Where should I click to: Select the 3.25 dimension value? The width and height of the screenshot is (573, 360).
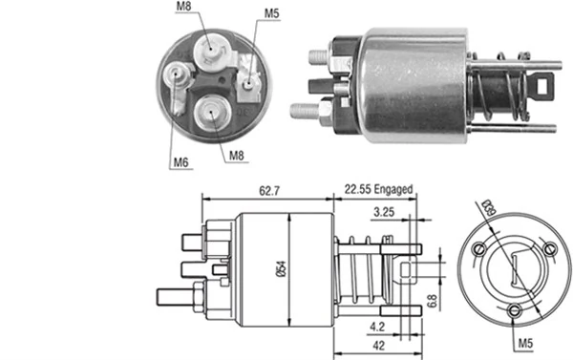pyautogui.click(x=385, y=211)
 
